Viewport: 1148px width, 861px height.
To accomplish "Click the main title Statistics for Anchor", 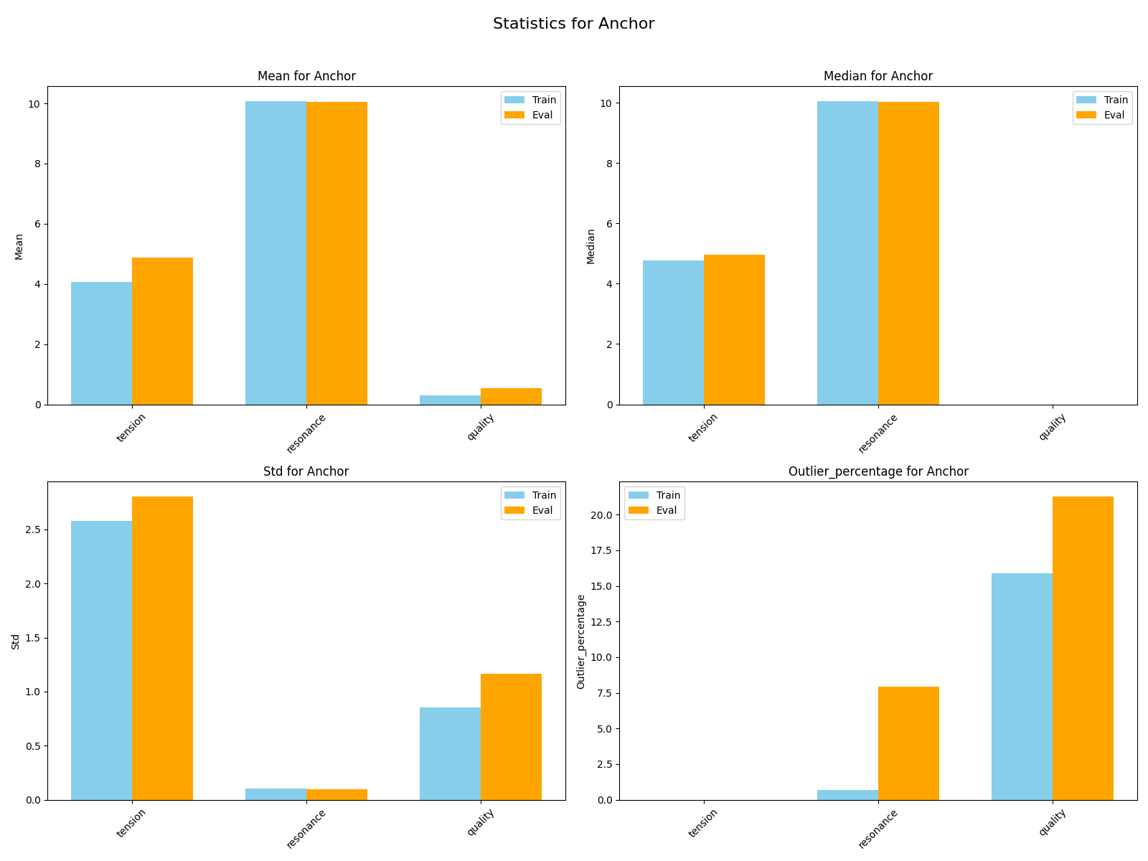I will (573, 24).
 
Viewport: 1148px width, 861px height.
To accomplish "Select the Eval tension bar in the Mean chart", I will (162, 331).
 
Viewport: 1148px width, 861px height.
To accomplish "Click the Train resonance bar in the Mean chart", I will (276, 253).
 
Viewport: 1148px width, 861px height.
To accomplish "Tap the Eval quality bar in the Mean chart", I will (511, 396).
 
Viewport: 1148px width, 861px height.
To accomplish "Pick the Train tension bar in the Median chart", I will (673, 332).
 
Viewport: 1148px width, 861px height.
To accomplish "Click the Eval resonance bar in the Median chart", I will (908, 253).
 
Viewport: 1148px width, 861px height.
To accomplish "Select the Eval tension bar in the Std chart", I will (162, 648).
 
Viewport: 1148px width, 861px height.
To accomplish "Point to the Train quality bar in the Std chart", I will (450, 753).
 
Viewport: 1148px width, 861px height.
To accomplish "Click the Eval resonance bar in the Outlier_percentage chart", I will (908, 743).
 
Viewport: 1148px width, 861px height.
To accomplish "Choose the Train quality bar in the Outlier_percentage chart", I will (1022, 687).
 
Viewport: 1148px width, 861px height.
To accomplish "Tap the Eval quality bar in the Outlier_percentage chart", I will (1083, 648).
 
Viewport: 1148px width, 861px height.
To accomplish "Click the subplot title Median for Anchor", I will (878, 76).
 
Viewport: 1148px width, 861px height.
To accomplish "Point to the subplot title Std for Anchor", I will (306, 471).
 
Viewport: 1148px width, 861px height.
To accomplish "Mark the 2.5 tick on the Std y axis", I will (31, 530).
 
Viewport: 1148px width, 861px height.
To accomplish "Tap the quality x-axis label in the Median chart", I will (1052, 428).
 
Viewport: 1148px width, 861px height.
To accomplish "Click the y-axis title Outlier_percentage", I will (581, 641).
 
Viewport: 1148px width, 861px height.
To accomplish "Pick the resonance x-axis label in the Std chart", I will (306, 828).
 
